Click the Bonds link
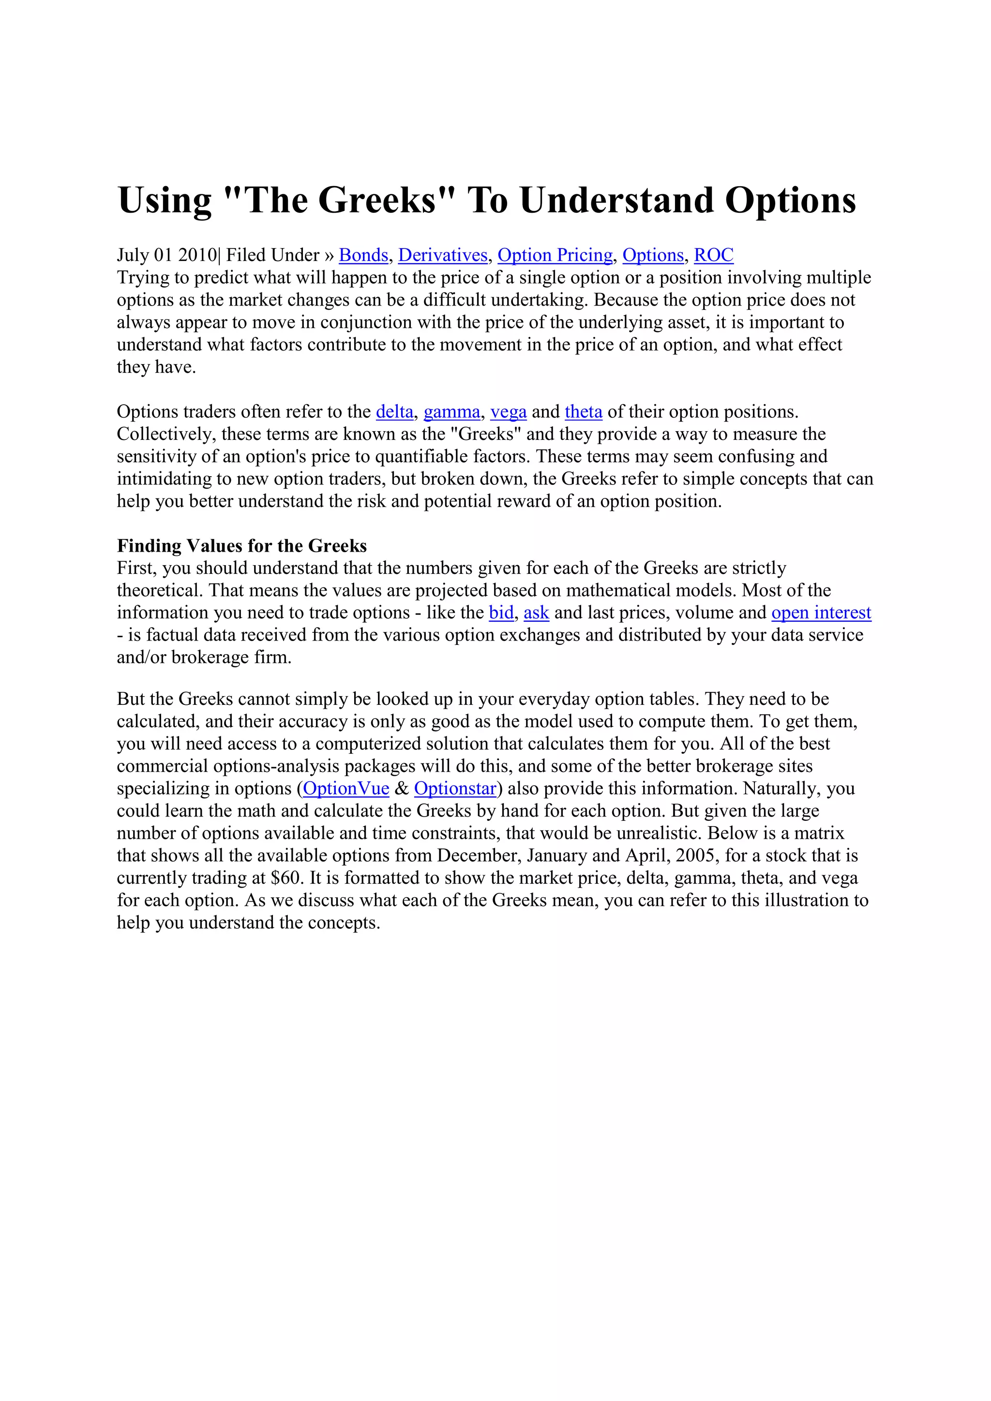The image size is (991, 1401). [363, 255]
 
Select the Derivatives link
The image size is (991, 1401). [443, 255]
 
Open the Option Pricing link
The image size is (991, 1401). [555, 255]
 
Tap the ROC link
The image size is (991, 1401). [713, 255]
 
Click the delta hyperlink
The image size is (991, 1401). [394, 412]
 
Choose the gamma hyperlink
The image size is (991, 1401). [452, 412]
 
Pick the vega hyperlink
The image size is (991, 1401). [508, 412]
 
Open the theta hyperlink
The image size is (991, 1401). [583, 412]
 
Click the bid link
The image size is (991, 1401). [501, 613]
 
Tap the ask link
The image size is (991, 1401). [536, 613]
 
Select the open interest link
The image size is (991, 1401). [821, 613]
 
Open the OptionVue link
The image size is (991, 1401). [346, 788]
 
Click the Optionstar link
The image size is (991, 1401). [455, 788]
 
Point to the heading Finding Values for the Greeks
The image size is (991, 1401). [242, 545]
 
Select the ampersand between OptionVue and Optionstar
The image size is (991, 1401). [402, 788]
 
